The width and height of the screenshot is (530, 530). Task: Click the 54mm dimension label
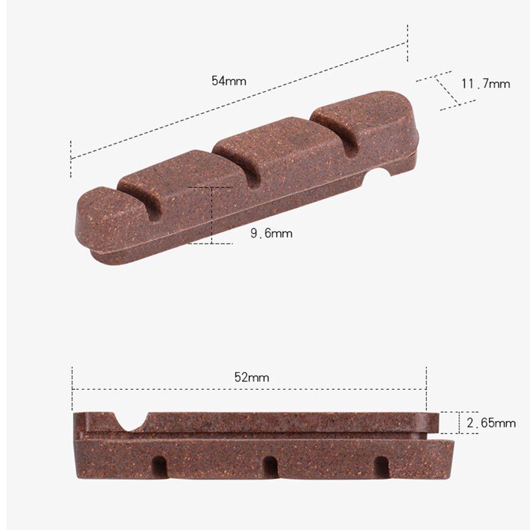[x=229, y=81]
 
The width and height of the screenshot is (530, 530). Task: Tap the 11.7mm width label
[x=485, y=84]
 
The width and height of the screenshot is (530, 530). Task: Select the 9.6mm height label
[x=271, y=233]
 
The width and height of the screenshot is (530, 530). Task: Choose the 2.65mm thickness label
[x=491, y=423]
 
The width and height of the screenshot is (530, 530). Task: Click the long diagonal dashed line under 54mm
[x=238, y=101]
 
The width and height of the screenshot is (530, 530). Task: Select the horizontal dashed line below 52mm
[x=249, y=389]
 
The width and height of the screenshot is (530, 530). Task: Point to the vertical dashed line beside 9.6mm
[x=211, y=215]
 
